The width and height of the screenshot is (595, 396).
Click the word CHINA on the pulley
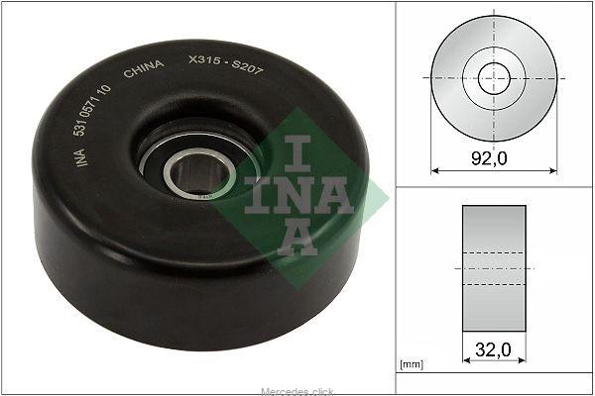coord(144,68)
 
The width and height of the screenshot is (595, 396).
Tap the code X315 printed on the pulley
coord(204,59)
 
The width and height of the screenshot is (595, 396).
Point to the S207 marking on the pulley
coord(247,67)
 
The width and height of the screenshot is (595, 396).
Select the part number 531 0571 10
coord(92,110)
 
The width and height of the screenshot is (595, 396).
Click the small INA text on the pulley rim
coord(80,157)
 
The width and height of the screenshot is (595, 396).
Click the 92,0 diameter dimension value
coord(489,158)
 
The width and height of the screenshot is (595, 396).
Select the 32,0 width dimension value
coord(493,349)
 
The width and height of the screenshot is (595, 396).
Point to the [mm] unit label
coord(412,364)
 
